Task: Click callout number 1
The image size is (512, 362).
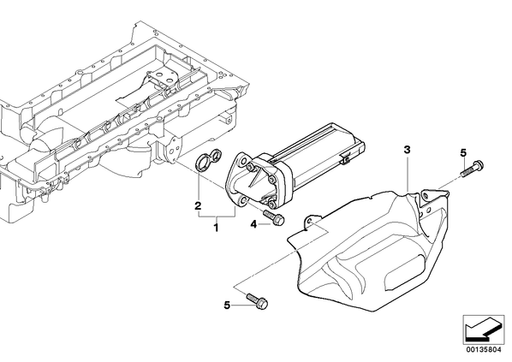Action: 216,228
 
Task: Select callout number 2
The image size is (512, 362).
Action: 198,206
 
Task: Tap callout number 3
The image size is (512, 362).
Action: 407,150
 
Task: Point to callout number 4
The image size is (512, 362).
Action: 253,224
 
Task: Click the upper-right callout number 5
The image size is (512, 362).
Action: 463,153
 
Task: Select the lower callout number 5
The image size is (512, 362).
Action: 227,306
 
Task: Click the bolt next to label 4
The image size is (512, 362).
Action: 274,217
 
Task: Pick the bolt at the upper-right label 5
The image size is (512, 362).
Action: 473,168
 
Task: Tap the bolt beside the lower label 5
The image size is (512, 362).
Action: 258,300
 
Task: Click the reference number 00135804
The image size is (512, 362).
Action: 483,349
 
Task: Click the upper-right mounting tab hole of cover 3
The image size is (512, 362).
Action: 425,195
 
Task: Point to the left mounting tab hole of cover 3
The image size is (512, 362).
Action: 310,222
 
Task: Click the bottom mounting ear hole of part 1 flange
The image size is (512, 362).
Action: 242,199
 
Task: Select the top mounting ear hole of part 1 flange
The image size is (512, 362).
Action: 242,160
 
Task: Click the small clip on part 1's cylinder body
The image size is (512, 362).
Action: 345,159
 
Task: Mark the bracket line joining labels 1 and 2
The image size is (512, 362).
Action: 216,217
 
